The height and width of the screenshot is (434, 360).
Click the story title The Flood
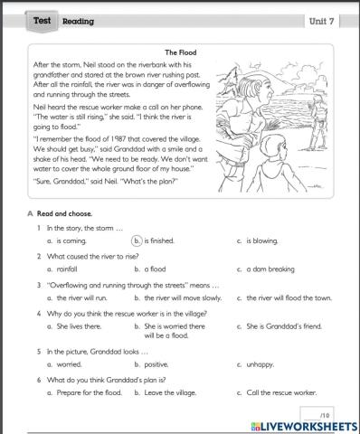point(181,52)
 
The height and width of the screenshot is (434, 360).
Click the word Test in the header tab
point(42,19)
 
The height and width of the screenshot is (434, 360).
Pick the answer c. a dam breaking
point(266,269)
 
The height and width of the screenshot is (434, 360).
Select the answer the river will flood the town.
point(287,297)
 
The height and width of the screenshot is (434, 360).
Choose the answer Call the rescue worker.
point(275,392)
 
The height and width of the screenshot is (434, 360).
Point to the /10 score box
point(327,412)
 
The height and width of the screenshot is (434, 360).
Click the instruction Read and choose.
point(63,213)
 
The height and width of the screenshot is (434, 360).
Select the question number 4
point(40,313)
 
